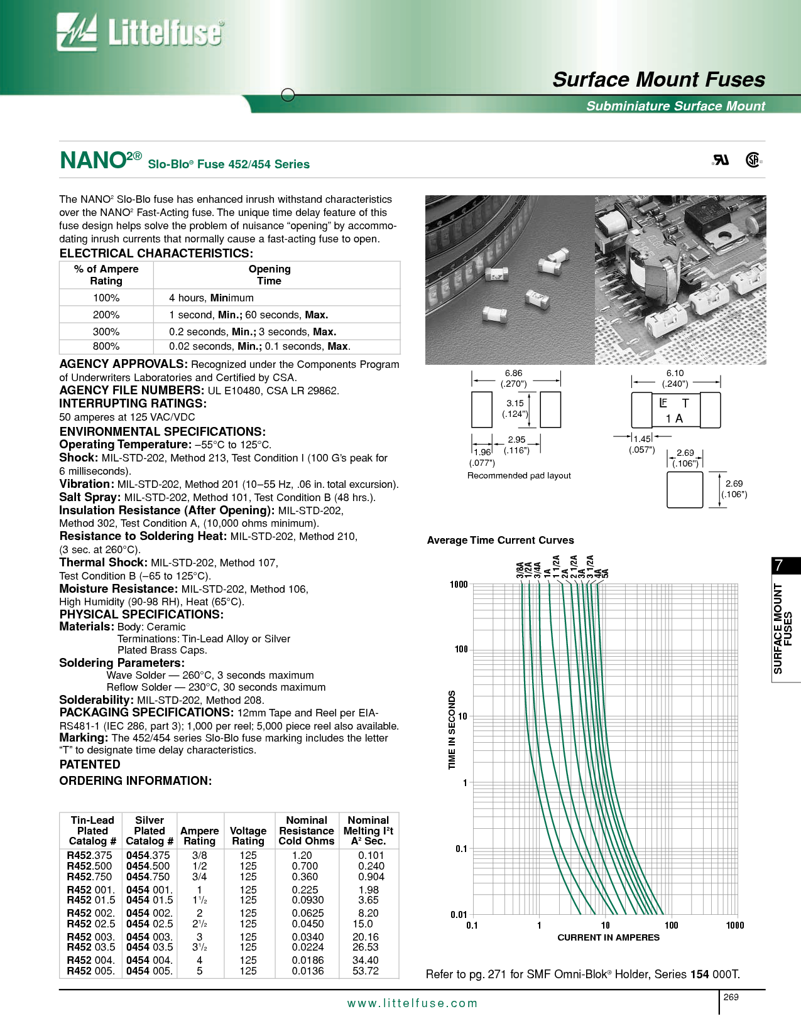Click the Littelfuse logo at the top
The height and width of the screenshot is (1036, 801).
[139, 32]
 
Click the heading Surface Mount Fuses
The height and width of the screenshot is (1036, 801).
[658, 80]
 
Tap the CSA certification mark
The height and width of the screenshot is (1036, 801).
[753, 160]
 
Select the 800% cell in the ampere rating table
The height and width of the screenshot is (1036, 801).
[106, 347]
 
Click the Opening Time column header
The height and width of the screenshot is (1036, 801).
[270, 275]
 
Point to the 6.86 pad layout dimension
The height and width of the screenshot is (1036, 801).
[513, 373]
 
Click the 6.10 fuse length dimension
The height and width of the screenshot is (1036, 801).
[675, 373]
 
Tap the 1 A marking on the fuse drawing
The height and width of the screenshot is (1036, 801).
[674, 419]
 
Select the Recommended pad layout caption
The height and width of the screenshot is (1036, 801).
[519, 475]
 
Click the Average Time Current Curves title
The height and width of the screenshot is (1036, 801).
[500, 540]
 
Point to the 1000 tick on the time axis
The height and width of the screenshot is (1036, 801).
[459, 585]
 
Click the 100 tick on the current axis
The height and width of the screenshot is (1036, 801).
[671, 925]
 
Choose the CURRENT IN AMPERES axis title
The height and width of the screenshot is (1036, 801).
[608, 937]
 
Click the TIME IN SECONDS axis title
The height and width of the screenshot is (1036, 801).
[452, 730]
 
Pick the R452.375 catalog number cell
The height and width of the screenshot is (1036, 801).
[89, 855]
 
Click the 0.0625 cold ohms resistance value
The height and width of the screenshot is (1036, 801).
[308, 913]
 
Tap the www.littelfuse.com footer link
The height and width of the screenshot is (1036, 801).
[412, 1003]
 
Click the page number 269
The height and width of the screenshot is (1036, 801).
[731, 997]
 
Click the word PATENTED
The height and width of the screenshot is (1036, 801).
[90, 764]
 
